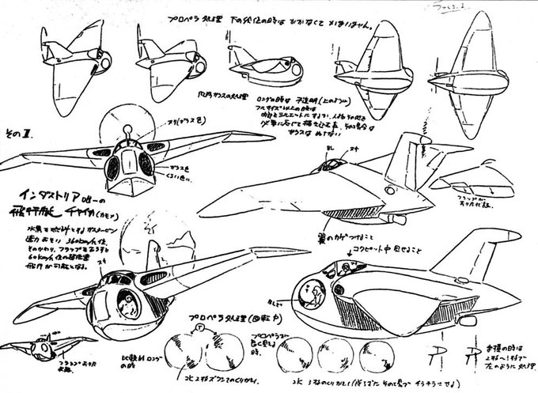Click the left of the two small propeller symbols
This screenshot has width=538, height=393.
click(436, 351)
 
